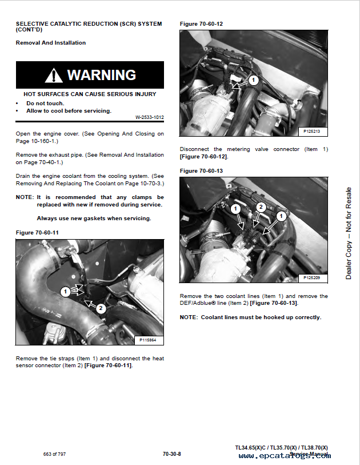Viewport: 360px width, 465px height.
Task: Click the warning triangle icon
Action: coord(54,75)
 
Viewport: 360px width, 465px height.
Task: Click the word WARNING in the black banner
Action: coord(101,75)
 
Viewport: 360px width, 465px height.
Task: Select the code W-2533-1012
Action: coord(149,117)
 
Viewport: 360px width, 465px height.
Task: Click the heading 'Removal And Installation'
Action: coord(51,43)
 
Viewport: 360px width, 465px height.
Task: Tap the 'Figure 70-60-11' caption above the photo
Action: coord(37,232)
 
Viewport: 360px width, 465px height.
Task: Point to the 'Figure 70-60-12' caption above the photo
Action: coord(201,23)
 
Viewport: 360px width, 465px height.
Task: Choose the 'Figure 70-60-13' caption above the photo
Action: coord(201,171)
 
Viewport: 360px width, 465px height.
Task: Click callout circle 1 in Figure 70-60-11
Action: coord(65,292)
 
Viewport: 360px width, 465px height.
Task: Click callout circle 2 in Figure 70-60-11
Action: coord(101,308)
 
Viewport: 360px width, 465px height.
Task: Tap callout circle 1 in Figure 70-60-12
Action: coord(254,80)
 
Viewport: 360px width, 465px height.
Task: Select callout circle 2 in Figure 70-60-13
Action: coord(261,207)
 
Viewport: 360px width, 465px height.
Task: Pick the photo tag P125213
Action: coord(312,132)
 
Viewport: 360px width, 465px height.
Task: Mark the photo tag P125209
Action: coord(312,277)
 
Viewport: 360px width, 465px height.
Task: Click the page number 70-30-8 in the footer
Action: coord(171,454)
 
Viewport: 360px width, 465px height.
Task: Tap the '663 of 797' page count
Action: coord(55,454)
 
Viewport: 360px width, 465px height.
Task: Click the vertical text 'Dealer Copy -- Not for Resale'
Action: coord(349,233)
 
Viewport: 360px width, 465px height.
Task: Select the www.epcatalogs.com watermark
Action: coord(284,456)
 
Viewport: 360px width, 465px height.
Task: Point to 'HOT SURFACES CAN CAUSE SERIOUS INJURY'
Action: coord(90,94)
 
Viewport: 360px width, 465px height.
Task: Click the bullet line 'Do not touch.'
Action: coord(45,104)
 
